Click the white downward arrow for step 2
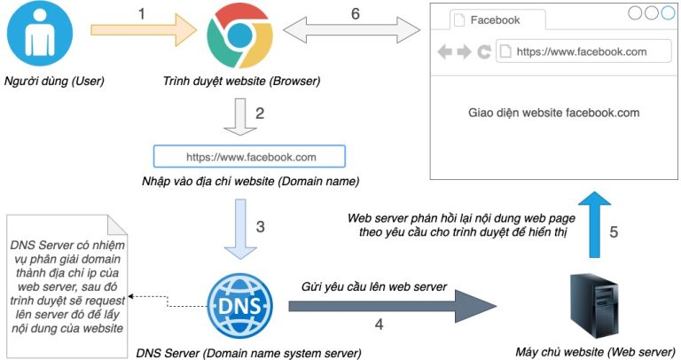[x=239, y=116]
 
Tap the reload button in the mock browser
[x=483, y=52]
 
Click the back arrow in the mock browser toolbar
[x=445, y=52]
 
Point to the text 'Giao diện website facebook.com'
[x=553, y=113]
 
